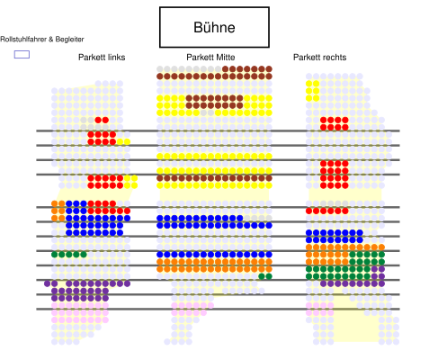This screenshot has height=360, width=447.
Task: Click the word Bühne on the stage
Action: click(214, 27)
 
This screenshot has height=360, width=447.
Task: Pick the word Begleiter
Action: click(69, 39)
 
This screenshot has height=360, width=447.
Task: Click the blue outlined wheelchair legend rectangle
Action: click(22, 54)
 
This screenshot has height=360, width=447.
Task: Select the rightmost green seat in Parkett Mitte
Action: click(269, 276)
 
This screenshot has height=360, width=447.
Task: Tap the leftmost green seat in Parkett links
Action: click(54, 255)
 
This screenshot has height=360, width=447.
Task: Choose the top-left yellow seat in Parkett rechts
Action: click(308, 84)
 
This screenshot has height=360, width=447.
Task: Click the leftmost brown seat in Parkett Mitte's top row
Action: click(225, 69)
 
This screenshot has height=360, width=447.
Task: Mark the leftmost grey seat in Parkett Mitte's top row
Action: click(160, 69)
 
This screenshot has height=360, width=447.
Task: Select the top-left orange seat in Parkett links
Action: click(54, 203)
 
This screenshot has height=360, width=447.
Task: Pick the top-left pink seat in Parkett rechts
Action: click(308, 305)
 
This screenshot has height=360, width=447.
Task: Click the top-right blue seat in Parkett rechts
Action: click(360, 232)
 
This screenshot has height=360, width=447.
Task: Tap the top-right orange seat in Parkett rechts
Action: click(381, 247)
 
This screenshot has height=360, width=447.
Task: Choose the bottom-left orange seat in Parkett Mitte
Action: click(160, 269)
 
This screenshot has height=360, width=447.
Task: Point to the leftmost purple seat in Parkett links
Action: click(47, 283)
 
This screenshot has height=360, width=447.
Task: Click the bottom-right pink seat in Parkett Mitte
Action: click(203, 312)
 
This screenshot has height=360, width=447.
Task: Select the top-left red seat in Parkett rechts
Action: click(324, 120)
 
